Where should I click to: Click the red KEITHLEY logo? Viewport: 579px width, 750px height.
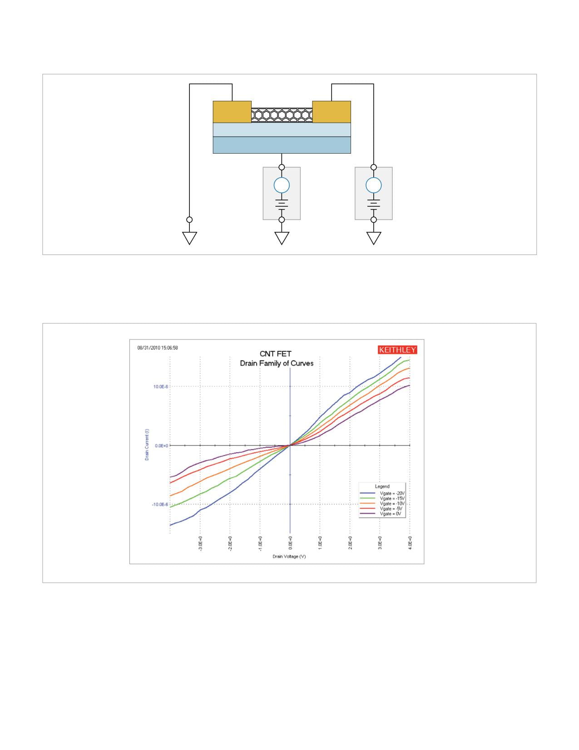(397, 350)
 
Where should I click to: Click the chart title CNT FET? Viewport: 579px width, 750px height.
(275, 354)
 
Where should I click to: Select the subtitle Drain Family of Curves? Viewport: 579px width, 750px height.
(277, 363)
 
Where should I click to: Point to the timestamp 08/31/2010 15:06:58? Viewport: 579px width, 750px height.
(158, 348)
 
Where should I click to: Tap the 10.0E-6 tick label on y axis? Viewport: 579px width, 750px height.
(161, 386)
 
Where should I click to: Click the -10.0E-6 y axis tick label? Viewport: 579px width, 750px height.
(160, 504)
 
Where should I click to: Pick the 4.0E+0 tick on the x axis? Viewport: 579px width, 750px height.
(410, 543)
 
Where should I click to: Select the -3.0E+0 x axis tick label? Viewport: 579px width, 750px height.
(200, 544)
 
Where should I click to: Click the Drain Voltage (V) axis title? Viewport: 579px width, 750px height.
(289, 556)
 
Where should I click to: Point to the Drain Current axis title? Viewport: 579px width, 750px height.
(147, 445)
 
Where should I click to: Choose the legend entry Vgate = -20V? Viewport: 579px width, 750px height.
(382, 493)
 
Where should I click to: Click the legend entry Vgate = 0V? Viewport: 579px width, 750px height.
(381, 514)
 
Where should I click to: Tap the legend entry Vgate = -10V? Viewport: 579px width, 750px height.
(382, 504)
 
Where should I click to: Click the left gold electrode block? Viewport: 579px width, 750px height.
(232, 112)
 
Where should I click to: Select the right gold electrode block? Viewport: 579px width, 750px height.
(332, 112)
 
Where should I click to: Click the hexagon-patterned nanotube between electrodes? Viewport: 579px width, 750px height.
(282, 115)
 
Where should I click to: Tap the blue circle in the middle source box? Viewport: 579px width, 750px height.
(282, 185)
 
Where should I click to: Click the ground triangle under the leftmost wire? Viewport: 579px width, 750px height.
(189, 237)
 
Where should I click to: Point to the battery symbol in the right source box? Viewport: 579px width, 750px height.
(373, 204)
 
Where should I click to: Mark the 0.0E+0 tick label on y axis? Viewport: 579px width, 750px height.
(161, 445)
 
